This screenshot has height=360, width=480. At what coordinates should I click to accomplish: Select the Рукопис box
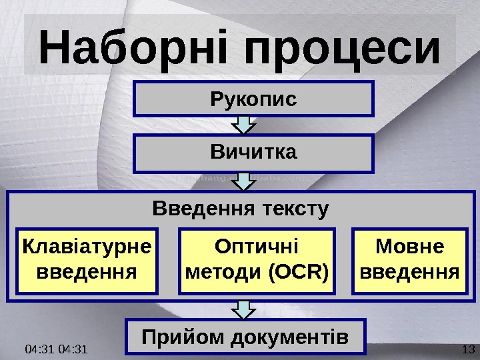pyautogui.click(x=253, y=99)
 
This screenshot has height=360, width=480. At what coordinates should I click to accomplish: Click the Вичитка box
pyautogui.click(x=253, y=153)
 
